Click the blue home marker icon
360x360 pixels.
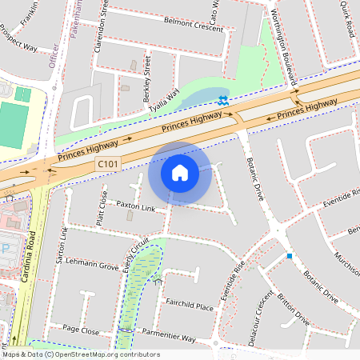pos(180,172)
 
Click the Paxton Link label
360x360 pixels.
pos(135,206)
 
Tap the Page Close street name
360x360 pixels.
pos(81,330)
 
